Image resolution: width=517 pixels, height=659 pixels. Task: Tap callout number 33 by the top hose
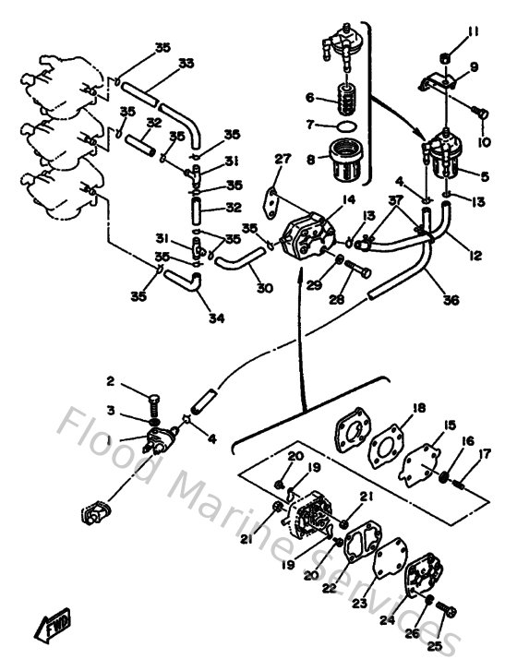pyautogui.click(x=186, y=64)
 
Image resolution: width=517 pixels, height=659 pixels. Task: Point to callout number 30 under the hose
pyautogui.click(x=264, y=287)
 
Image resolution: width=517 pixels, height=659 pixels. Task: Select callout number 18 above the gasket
pyautogui.click(x=418, y=407)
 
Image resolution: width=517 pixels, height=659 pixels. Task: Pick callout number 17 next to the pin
pyautogui.click(x=485, y=453)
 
